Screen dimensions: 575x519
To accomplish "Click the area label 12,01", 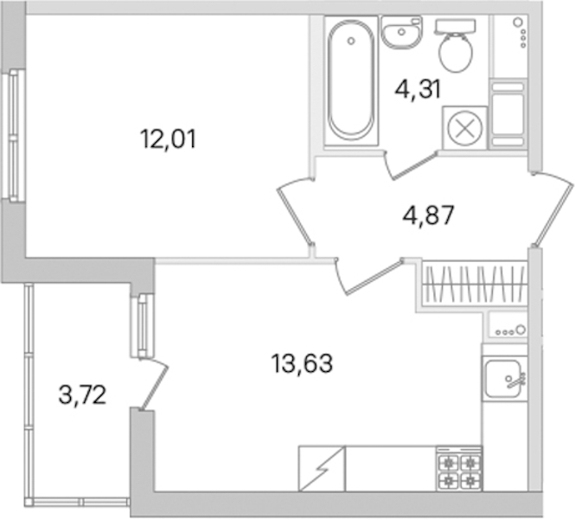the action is tap(168, 139).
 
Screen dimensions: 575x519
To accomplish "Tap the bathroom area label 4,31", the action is tap(418, 89).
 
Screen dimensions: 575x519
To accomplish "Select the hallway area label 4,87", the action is tap(428, 215).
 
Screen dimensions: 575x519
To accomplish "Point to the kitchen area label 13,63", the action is tap(302, 363).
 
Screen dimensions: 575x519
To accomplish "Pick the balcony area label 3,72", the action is tap(82, 395).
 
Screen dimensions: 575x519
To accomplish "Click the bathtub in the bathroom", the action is tap(351, 81).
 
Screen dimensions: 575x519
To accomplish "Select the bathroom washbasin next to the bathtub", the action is tap(401, 32).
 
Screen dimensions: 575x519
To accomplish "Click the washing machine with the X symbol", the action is tap(464, 128).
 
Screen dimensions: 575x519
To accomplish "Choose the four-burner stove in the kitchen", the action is tap(459, 469).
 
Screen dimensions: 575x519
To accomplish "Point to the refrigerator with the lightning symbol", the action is tap(322, 469).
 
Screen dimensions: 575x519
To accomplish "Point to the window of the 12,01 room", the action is tap(14, 135).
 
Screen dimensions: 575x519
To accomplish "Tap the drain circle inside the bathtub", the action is tap(351, 41).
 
